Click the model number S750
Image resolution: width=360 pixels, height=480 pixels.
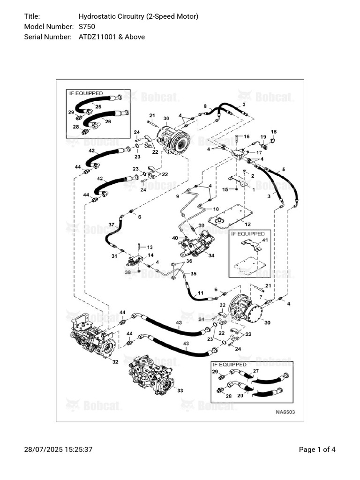click(87, 26)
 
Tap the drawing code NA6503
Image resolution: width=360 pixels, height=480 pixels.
click(285, 412)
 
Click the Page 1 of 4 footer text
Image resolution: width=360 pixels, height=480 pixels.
click(317, 450)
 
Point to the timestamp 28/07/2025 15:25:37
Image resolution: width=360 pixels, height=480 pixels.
click(58, 450)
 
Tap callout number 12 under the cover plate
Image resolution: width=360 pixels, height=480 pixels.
click(247, 224)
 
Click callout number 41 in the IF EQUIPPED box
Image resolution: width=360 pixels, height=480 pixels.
click(265, 240)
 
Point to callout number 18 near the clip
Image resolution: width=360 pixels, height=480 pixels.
click(274, 132)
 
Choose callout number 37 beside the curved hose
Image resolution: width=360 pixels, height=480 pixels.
click(111, 225)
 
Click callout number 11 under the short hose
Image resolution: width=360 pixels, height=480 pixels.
click(200, 293)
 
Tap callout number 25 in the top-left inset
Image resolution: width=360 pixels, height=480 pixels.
click(98, 106)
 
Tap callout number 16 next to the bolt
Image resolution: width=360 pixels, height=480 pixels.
click(247, 136)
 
